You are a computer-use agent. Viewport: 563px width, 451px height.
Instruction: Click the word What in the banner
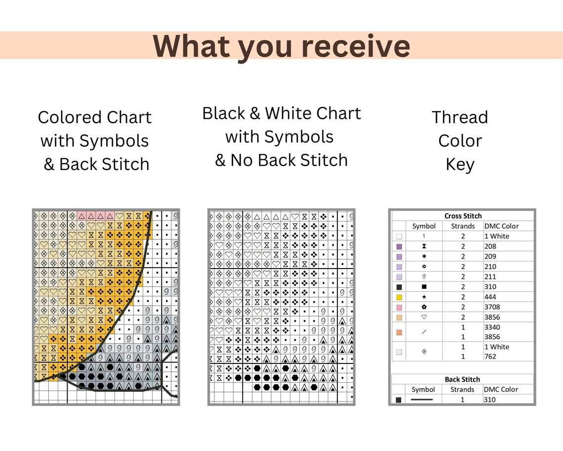192,46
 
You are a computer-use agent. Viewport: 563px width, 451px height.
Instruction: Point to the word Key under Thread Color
460,165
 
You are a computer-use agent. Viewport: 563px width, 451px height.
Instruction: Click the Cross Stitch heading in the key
463,216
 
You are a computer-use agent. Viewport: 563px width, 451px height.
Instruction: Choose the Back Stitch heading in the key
462,379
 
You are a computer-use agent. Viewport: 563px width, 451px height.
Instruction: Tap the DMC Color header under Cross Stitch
501,226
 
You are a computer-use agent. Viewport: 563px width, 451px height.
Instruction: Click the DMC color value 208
490,246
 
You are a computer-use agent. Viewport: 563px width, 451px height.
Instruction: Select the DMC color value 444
490,297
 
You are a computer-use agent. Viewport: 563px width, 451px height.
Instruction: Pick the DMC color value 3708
492,307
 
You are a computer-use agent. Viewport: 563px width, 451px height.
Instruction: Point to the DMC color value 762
490,357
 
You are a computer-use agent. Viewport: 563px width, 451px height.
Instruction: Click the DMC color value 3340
492,327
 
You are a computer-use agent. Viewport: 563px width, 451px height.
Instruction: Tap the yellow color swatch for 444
399,297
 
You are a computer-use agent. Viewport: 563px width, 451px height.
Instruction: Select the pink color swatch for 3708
399,308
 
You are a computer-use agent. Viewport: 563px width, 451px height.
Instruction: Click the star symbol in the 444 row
424,297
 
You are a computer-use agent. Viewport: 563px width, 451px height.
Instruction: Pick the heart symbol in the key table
424,317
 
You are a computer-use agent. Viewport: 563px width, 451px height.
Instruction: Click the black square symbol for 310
424,287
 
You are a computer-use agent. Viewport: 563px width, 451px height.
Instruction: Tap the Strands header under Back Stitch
462,390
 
